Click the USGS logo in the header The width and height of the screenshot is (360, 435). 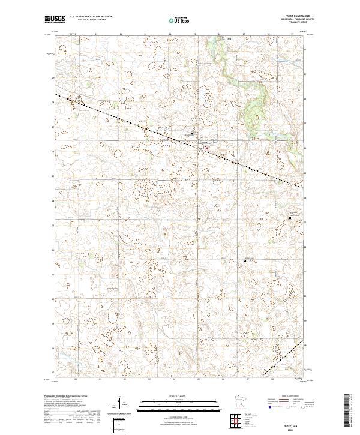coord(55,19)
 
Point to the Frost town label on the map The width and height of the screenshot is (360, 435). coord(204,142)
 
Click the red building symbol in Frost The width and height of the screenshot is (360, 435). coord(208,146)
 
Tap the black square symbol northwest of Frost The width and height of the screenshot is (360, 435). coord(191,133)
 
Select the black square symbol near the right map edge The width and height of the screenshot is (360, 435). coord(290,218)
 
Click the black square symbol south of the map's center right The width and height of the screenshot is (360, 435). coord(245,260)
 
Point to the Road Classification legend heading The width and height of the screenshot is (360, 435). coord(289,397)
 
